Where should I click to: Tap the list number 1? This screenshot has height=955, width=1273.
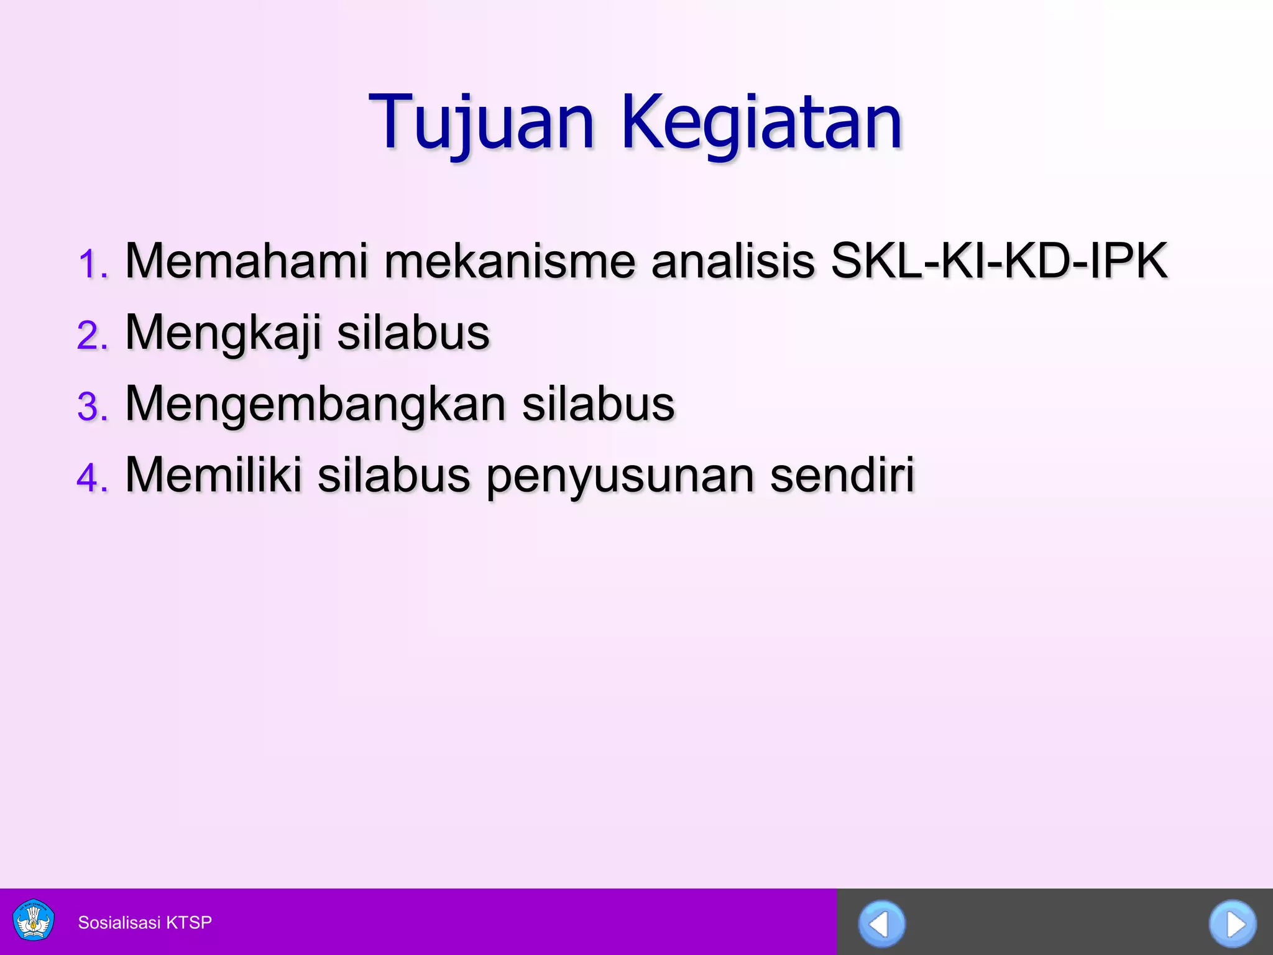93,264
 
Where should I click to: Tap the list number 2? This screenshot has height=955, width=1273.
93,336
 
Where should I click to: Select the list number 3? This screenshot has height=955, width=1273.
93,407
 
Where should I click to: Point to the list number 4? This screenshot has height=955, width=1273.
93,479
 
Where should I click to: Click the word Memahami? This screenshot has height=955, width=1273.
247,261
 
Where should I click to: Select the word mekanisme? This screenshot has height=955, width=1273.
510,261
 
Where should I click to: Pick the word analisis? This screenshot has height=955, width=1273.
733,261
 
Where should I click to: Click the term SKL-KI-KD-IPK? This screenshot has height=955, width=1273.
1000,261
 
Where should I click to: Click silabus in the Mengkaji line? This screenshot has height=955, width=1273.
413,333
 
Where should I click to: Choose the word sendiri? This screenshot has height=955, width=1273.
842,476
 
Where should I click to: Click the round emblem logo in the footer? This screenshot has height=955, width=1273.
34,921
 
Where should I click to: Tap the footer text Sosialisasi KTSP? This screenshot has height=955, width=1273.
145,923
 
